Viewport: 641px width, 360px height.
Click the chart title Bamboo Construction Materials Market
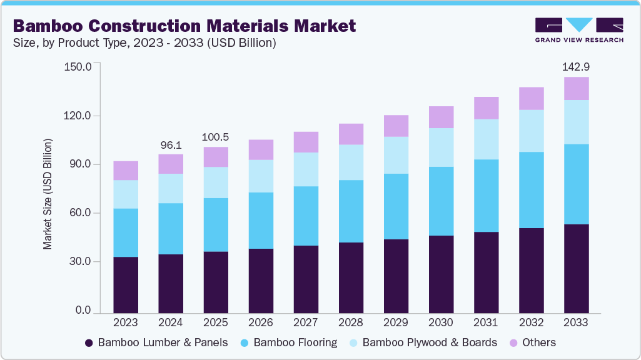(184, 26)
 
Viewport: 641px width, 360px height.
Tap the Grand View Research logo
(578, 29)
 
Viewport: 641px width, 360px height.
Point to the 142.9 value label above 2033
(576, 67)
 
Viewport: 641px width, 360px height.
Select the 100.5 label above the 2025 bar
(216, 137)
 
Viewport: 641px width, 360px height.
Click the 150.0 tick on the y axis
(78, 67)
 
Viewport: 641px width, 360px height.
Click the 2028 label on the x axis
(351, 322)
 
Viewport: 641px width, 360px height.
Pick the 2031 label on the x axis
(486, 322)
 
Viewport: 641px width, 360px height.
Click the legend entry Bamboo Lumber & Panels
(156, 342)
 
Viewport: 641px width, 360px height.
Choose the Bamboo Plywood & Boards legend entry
(423, 342)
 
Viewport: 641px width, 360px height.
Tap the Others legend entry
(533, 342)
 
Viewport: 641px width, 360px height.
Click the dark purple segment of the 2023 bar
(126, 284)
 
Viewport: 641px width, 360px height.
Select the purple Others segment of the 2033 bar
(576, 89)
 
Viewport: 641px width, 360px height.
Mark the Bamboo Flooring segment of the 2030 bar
(441, 201)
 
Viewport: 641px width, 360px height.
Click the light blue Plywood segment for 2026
(261, 176)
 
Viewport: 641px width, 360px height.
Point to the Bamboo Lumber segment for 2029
(396, 276)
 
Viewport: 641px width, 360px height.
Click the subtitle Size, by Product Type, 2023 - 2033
(144, 43)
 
